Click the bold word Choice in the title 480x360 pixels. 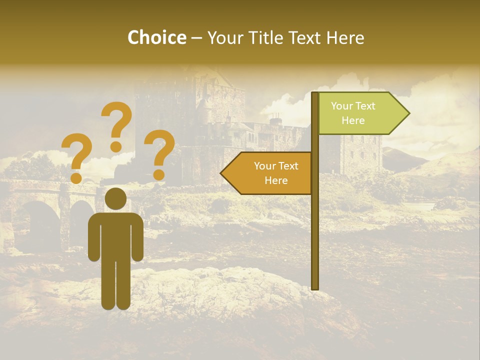click(x=156, y=37)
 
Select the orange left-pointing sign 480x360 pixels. click(x=270, y=173)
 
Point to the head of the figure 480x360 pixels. click(x=115, y=198)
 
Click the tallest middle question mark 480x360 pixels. click(x=116, y=125)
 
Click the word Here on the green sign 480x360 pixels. click(x=353, y=120)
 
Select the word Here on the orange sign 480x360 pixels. click(x=276, y=180)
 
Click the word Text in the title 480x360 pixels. click(x=305, y=37)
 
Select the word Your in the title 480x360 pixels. click(x=224, y=37)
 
